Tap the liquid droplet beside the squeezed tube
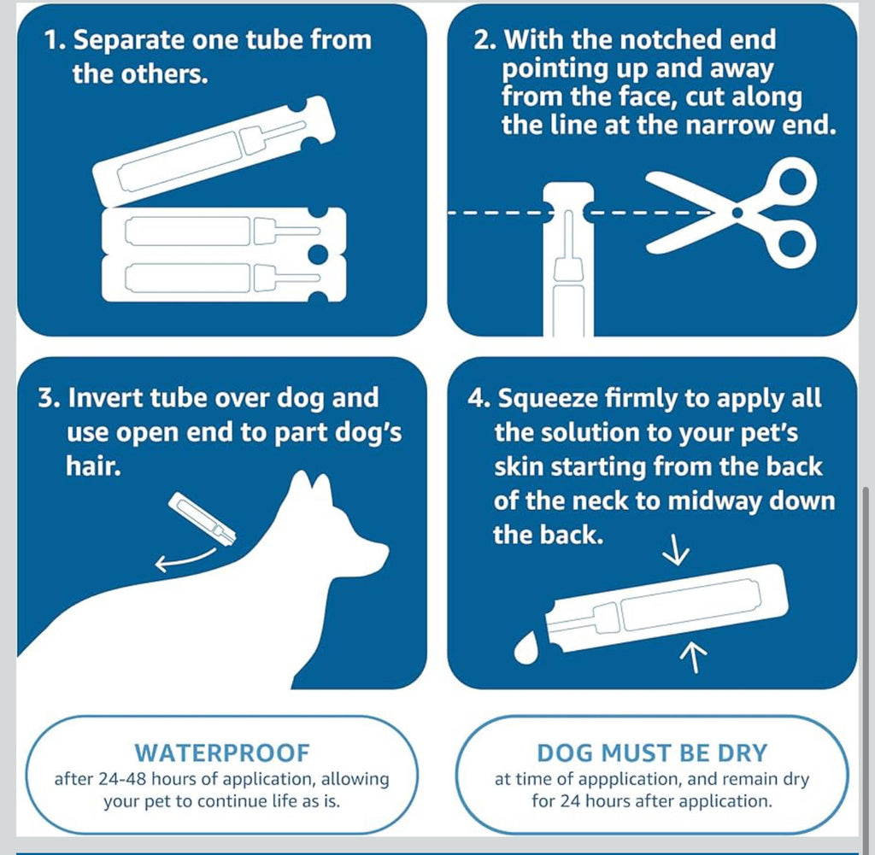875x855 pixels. [526, 648]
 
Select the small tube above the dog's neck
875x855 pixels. [202, 518]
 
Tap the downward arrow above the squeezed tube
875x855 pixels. [676, 550]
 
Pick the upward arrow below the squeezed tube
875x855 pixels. [694, 656]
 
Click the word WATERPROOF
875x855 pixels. [222, 753]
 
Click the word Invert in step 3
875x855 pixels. [104, 398]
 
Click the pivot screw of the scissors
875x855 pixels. [737, 213]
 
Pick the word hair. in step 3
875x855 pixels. [94, 466]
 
